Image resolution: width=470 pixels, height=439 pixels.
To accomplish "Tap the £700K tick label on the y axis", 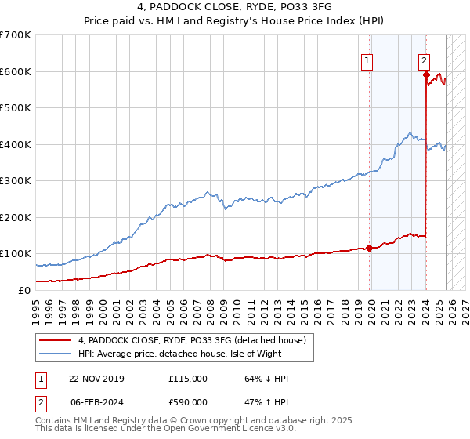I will tap(16, 35).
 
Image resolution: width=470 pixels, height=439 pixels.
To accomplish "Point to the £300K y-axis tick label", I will tap(16, 181).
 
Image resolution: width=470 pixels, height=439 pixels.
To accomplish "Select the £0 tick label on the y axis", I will tap(24, 290).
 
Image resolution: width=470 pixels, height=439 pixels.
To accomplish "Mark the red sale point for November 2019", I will tap(369, 249).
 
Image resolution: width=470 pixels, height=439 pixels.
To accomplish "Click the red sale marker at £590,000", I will tap(426, 75).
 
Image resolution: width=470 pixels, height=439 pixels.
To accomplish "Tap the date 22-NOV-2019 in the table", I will tap(96, 379).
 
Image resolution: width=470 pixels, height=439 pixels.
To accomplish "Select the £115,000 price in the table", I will tap(187, 379).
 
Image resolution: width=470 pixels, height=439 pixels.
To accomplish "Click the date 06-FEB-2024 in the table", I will tap(96, 401).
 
